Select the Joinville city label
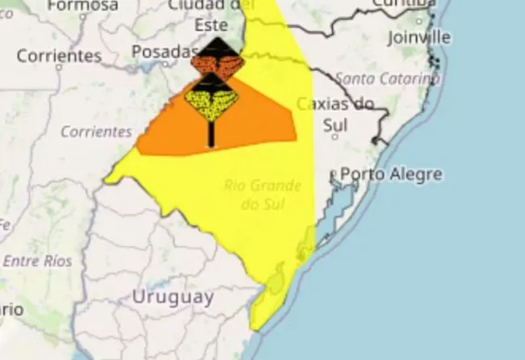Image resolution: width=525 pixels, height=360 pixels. tap(418, 37)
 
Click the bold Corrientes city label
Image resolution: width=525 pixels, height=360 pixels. tap(59, 57)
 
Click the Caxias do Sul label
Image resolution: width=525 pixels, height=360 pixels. tap(335, 114)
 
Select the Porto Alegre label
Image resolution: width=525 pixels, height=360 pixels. tap(391, 174)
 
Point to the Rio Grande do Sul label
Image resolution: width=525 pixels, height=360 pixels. tap(262, 195)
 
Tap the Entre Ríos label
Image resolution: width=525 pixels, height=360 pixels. tap(37, 261)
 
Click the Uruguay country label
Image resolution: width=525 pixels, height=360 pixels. tap(173, 297)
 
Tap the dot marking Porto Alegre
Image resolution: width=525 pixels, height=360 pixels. tap(332, 174)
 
